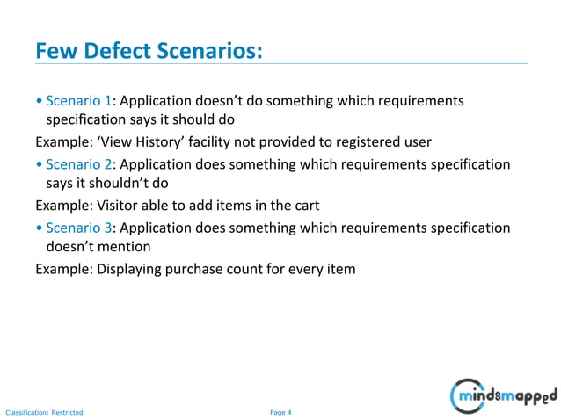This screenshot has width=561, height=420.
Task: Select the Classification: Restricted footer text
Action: tap(44, 411)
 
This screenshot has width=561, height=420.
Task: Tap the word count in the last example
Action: tap(257, 269)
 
